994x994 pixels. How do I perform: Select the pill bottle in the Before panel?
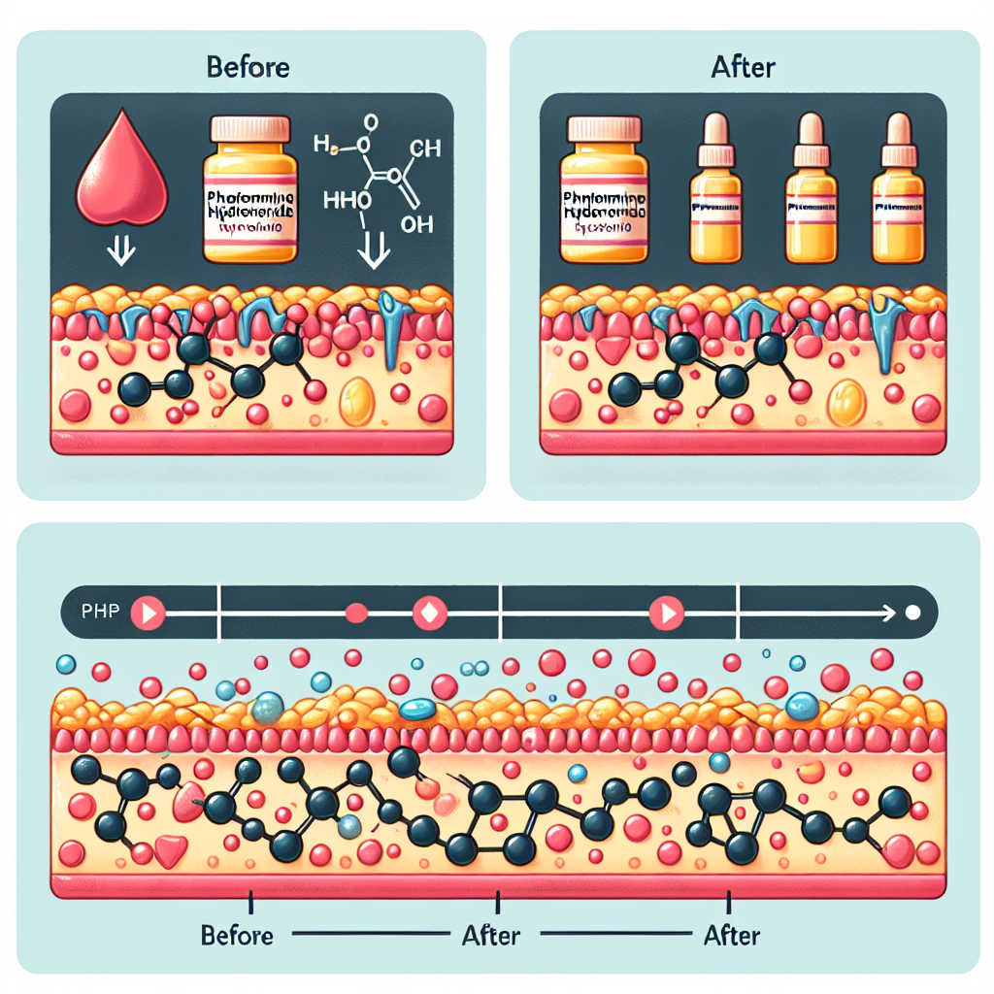click(x=248, y=188)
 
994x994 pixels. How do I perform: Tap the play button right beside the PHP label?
click(x=149, y=613)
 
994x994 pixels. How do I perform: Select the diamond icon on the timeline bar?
click(x=427, y=613)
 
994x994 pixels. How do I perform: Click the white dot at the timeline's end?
click(x=911, y=613)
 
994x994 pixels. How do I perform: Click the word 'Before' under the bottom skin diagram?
click(x=237, y=936)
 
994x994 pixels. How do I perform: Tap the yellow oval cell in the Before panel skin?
click(x=358, y=400)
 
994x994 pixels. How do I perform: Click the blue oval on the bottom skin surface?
click(x=418, y=710)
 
